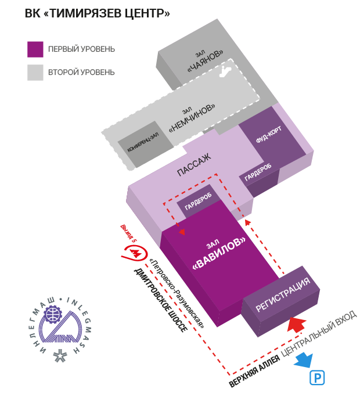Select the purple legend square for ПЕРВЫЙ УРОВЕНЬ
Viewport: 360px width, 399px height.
pos(35,49)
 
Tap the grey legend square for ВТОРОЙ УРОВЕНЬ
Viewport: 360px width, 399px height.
pos(35,73)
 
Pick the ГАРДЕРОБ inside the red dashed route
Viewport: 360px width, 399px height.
pos(198,200)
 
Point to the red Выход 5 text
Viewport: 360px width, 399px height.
pos(127,232)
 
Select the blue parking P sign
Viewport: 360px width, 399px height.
pos(317,378)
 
